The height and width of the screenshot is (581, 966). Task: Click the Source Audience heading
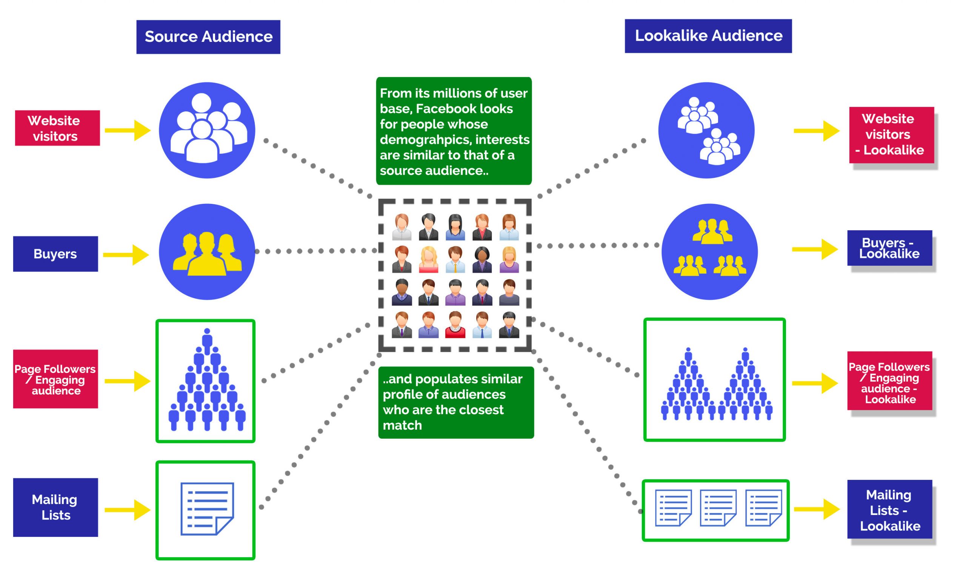click(208, 37)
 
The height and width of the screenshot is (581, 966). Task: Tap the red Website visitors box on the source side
click(57, 128)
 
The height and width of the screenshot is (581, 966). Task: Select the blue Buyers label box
click(55, 254)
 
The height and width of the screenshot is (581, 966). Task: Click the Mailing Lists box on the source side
click(55, 507)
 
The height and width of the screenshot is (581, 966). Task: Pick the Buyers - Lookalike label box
click(889, 248)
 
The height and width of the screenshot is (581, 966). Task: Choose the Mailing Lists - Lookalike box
click(889, 509)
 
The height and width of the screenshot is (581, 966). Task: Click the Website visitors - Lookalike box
click(891, 135)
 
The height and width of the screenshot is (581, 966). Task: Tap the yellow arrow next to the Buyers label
click(126, 255)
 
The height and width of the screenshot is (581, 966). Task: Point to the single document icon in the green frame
click(207, 509)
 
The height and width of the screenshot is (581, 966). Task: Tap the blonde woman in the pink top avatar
click(428, 259)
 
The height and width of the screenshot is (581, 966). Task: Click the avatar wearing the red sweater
click(455, 325)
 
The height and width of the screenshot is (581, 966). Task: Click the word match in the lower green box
click(402, 425)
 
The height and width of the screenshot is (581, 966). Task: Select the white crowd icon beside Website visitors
click(207, 129)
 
